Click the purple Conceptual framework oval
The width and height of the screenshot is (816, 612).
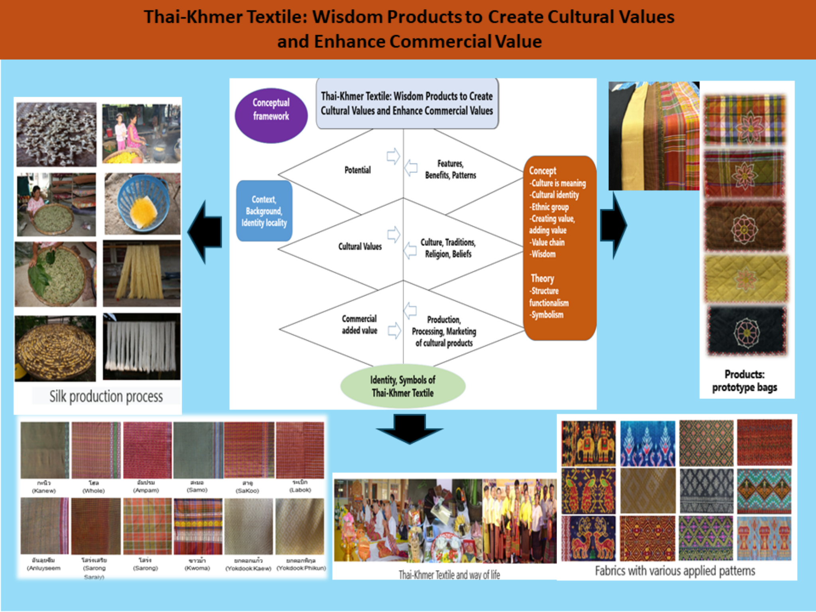click(271, 116)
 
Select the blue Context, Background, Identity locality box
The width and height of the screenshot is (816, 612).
click(264, 211)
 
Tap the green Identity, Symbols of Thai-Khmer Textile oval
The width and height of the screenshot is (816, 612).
click(403, 386)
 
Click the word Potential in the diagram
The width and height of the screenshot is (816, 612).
click(357, 170)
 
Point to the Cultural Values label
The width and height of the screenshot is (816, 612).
click(360, 247)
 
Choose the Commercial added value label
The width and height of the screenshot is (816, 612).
click(359, 324)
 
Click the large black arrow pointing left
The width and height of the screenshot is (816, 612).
click(206, 232)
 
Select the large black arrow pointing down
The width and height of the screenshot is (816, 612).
click(409, 428)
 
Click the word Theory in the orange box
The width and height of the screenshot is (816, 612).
click(542, 278)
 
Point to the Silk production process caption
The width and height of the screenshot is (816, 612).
click(106, 396)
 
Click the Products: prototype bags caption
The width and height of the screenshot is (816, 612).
click(744, 381)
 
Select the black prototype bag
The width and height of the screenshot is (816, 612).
click(747, 331)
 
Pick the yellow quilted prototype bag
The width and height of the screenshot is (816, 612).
click(746, 279)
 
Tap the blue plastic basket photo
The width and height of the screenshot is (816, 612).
click(143, 203)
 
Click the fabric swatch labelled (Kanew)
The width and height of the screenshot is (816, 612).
click(45, 450)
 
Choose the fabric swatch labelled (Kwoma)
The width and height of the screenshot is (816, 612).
click(198, 526)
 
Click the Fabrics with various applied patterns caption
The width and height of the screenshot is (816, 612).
click(675, 571)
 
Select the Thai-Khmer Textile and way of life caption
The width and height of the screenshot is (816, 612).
click(449, 575)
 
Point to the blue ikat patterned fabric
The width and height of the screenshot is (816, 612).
click(647, 443)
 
